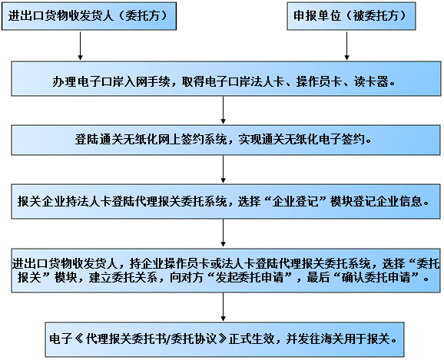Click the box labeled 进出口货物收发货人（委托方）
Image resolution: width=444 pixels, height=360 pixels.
89,16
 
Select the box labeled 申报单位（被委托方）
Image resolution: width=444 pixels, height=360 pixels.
351,16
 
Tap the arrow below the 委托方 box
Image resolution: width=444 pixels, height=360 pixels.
81,46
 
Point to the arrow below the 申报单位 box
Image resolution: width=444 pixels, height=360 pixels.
346,46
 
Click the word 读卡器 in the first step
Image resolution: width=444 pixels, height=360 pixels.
371,82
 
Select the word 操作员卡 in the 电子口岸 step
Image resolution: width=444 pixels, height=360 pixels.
319,82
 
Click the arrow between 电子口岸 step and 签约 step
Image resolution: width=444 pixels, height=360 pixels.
223,110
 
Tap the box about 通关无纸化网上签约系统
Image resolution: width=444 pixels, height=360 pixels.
226,140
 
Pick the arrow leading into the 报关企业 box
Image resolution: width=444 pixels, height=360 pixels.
223,169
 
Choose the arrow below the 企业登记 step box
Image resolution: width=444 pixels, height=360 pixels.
223,233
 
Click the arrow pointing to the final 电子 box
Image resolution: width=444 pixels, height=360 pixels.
223,307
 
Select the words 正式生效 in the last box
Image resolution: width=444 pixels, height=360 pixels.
252,339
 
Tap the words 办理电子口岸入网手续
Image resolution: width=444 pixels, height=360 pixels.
111,82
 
